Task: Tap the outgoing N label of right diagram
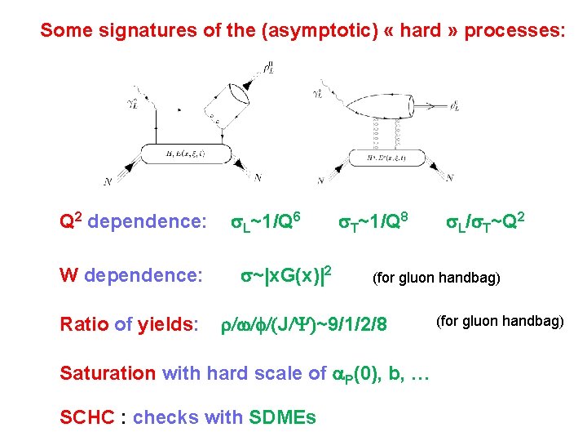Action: click(450, 177)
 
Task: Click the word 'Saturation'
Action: click(108, 373)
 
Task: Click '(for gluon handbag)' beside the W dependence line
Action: click(436, 278)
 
